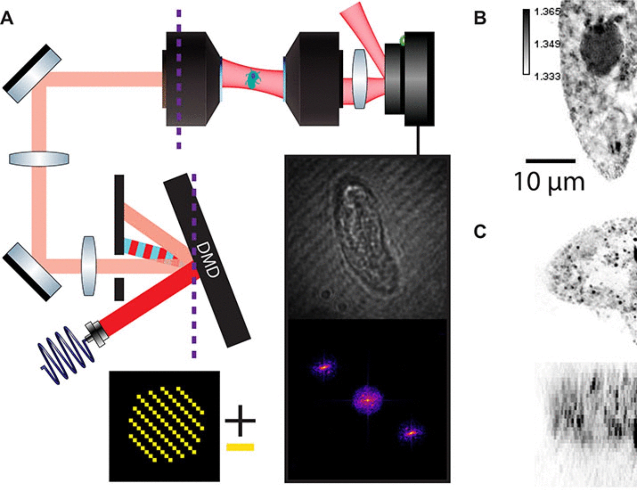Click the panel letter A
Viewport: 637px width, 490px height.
[7, 18]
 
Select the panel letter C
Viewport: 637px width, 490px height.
[480, 232]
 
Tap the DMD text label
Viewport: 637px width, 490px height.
[207, 260]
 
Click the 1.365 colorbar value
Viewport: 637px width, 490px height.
[547, 12]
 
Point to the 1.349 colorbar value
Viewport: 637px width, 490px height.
[547, 44]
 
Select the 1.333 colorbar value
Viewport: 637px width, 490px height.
[547, 76]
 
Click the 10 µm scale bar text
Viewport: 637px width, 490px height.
[549, 182]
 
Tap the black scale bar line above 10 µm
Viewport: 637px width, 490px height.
[550, 161]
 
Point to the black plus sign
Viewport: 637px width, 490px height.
[240, 421]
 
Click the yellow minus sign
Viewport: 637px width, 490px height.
[240, 447]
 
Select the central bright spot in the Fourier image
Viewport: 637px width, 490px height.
[368, 400]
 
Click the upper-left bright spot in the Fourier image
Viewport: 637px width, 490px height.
[324, 367]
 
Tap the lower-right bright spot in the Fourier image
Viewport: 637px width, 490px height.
[411, 433]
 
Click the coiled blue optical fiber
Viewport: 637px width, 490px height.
[65, 354]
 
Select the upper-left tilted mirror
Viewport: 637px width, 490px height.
[32, 74]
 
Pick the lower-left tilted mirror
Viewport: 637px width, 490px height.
[32, 272]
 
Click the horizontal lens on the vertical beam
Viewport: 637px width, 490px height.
[39, 159]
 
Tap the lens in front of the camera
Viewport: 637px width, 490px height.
[360, 79]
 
